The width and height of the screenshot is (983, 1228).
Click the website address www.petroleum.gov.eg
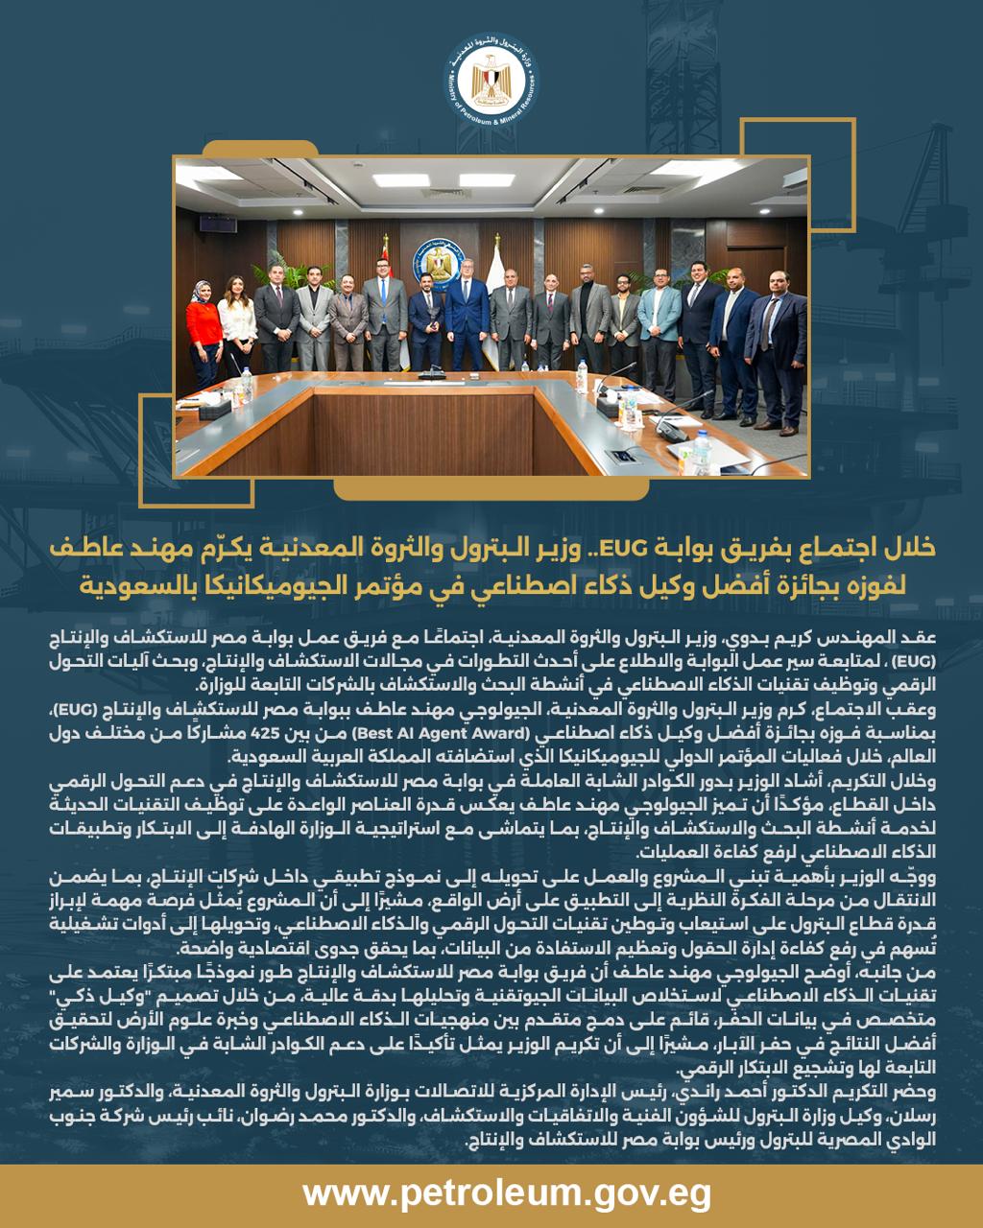[x=491, y=1195]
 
